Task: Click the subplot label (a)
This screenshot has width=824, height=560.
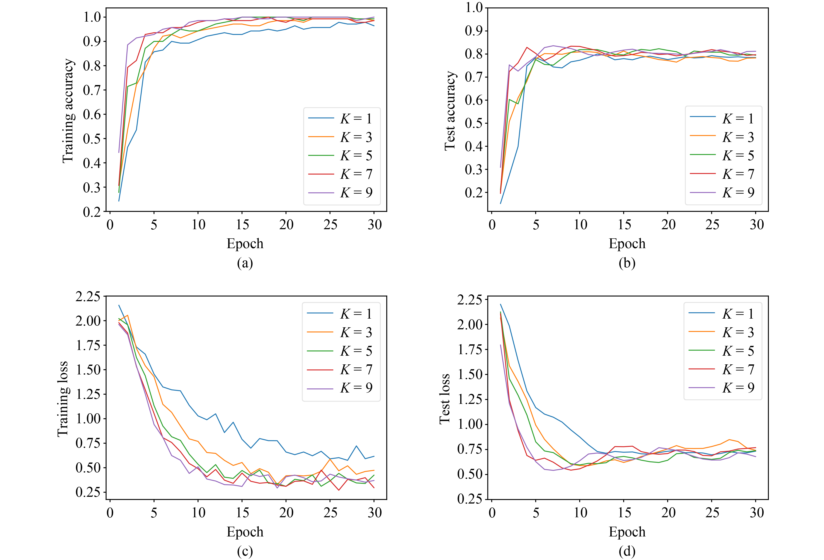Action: (x=245, y=263)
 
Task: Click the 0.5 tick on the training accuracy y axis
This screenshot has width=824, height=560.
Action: (x=92, y=139)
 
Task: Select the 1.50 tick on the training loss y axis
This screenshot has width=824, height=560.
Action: (x=88, y=370)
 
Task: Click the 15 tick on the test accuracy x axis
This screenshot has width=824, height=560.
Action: (x=624, y=224)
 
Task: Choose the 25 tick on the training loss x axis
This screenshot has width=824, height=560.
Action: (x=330, y=512)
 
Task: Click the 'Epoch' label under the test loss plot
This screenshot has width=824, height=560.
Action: (x=627, y=532)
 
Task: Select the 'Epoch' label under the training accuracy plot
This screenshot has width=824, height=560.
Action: (x=245, y=244)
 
